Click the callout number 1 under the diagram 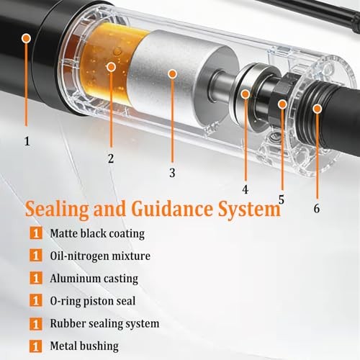click(x=27, y=141)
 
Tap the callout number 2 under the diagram click(x=111, y=158)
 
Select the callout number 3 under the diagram click(x=172, y=173)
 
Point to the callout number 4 click(x=245, y=189)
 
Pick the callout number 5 click(x=282, y=199)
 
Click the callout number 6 click(x=317, y=208)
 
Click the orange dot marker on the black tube click(x=27, y=38)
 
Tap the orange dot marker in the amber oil click(x=111, y=67)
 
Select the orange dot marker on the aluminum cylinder click(x=173, y=74)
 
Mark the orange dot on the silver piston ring click(x=246, y=94)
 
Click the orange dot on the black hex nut click(x=282, y=104)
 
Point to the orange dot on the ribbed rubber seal click(x=318, y=109)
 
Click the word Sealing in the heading click(x=57, y=210)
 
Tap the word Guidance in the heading click(x=172, y=208)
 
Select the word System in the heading click(x=250, y=210)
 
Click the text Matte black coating click(x=97, y=233)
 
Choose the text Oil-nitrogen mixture click(x=100, y=256)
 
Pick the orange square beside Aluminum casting click(x=36, y=278)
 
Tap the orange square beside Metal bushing click(x=36, y=346)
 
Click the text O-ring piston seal click(x=93, y=301)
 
